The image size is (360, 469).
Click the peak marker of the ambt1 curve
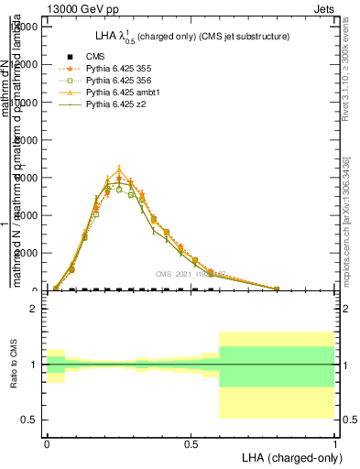(119, 169)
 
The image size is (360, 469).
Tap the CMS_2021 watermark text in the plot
(190, 274)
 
